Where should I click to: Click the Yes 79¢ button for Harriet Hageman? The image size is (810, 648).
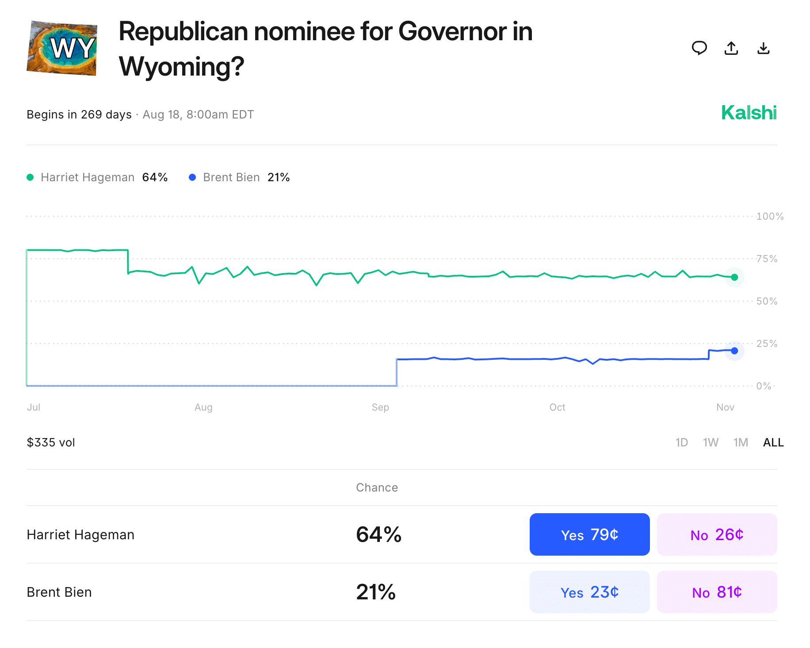tap(589, 534)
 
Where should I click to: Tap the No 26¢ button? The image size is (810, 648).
tap(717, 534)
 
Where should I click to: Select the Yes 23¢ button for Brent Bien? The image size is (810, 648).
tap(589, 592)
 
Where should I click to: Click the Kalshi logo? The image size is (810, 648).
tap(749, 113)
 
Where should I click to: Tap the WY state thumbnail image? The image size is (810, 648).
tap(62, 48)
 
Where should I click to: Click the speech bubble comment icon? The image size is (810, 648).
tap(699, 48)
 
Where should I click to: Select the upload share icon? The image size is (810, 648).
tap(731, 48)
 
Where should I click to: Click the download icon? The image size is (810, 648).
tap(764, 48)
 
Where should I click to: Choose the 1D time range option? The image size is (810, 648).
tap(681, 442)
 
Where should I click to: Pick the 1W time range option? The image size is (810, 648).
tap(711, 442)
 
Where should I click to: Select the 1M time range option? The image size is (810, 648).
tap(741, 442)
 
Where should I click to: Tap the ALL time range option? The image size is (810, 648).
tap(773, 442)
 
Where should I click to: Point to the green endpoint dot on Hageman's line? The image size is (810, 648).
tap(734, 277)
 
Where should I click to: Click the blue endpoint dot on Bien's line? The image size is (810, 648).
tap(734, 351)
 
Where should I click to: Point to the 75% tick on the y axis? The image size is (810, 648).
tap(767, 259)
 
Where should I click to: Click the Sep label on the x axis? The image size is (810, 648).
tap(380, 407)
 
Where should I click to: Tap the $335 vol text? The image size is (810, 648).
tap(51, 442)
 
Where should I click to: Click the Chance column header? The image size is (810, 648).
tap(377, 488)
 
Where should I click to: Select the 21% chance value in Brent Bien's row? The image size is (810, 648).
tap(376, 592)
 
